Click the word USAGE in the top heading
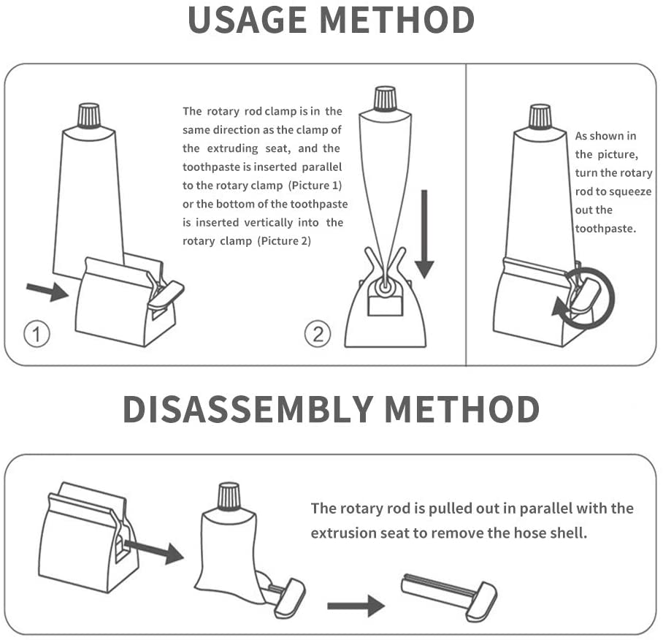[247, 20]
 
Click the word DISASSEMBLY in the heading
[248, 409]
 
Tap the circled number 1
[37, 334]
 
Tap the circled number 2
[318, 334]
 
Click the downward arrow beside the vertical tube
[424, 234]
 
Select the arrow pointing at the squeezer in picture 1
[47, 291]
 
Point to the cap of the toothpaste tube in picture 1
[89, 115]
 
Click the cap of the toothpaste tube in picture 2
[385, 99]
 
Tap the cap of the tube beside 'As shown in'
[540, 117]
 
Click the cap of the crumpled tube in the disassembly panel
[229, 495]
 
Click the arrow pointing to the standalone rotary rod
[356, 606]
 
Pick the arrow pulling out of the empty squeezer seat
[154, 550]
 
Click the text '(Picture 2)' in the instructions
[284, 241]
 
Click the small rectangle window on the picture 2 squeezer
[385, 306]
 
